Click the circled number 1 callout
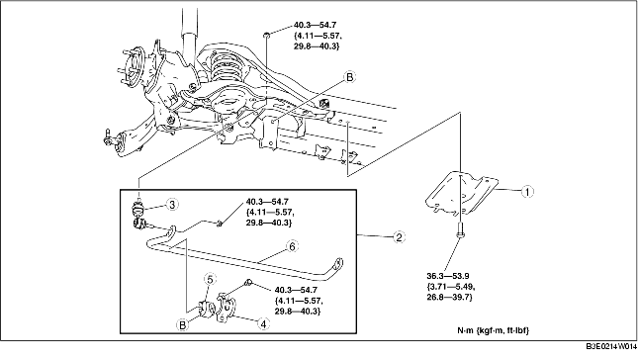[x=527, y=191]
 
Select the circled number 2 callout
[x=399, y=236]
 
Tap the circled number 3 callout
[x=172, y=204]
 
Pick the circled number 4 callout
[x=264, y=323]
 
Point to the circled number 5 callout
[x=210, y=279]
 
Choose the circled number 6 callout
[x=292, y=246]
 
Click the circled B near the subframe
[x=349, y=77]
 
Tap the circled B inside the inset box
[x=183, y=324]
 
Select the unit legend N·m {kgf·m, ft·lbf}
[x=494, y=330]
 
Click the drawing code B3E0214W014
[x=611, y=346]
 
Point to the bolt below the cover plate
[x=460, y=230]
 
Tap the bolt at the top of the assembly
[x=266, y=35]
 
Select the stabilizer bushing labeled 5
[x=207, y=308]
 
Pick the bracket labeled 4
[x=227, y=308]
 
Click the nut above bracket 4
[x=248, y=282]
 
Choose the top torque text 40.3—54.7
[x=315, y=25]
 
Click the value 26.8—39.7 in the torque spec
[x=450, y=298]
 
